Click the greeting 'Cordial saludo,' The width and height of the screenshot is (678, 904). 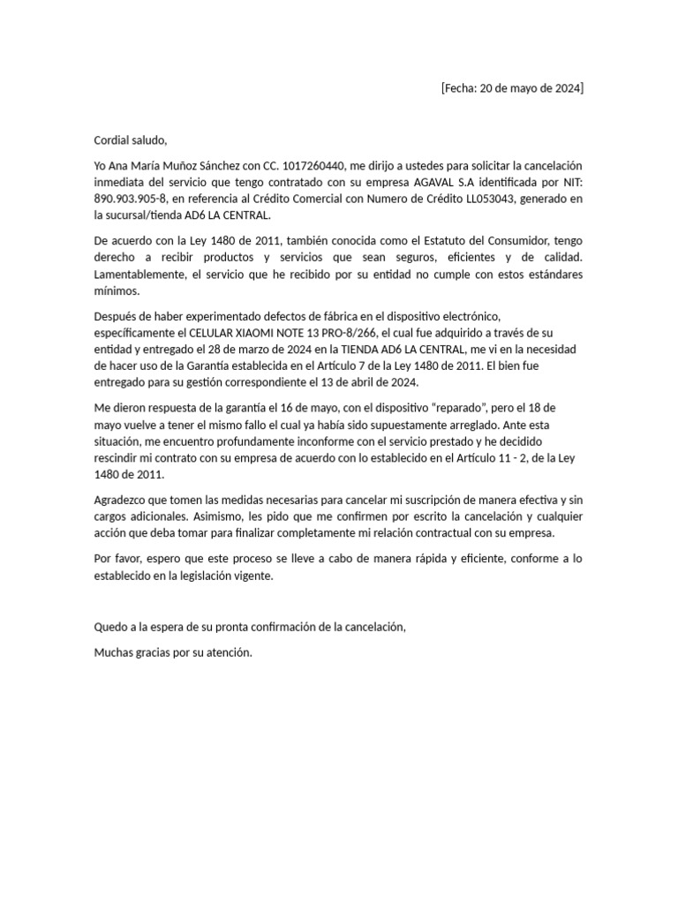[x=131, y=140]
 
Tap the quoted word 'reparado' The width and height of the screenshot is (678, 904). [x=466, y=408]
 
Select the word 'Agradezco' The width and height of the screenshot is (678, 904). [x=124, y=500]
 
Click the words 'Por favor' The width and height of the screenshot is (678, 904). [x=119, y=559]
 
